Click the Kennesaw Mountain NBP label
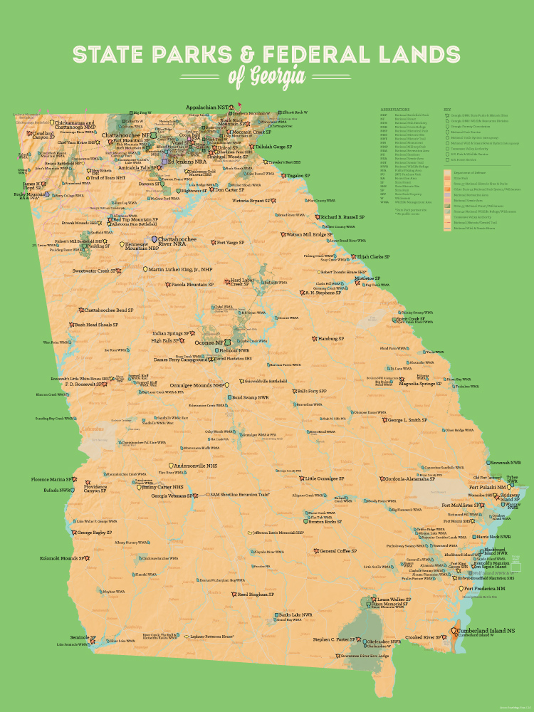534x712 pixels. point(142,246)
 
